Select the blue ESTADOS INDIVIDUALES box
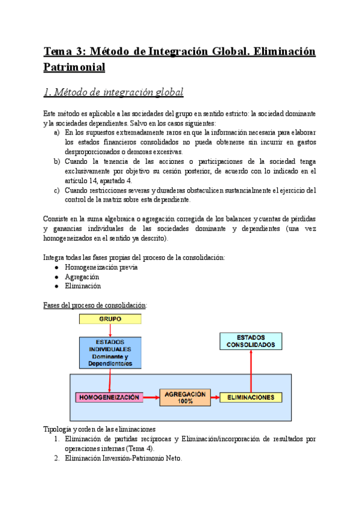[110, 352]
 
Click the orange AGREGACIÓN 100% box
[185, 397]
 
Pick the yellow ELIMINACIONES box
[251, 397]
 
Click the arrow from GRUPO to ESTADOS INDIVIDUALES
[110, 330]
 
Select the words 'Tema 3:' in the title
[67, 52]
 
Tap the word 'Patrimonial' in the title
[74, 67]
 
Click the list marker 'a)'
[56, 132]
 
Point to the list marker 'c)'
[56, 190]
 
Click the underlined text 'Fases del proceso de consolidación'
[95, 305]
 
